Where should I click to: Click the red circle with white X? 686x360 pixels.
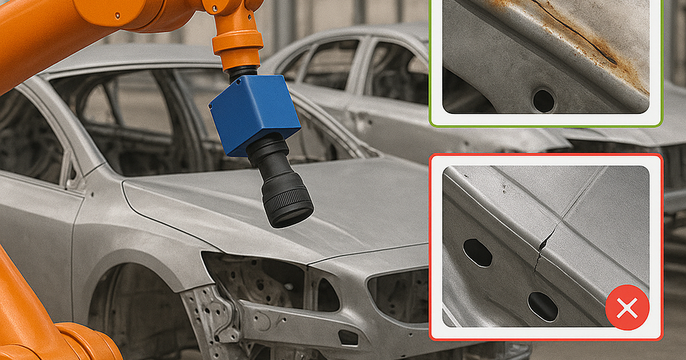point(626,308)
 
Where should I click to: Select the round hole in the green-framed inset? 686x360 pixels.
point(543,101)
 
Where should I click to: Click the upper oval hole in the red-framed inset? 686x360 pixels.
point(477,252)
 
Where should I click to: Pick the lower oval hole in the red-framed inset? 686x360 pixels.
point(543,306)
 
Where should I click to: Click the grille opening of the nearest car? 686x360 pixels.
point(395,295)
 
